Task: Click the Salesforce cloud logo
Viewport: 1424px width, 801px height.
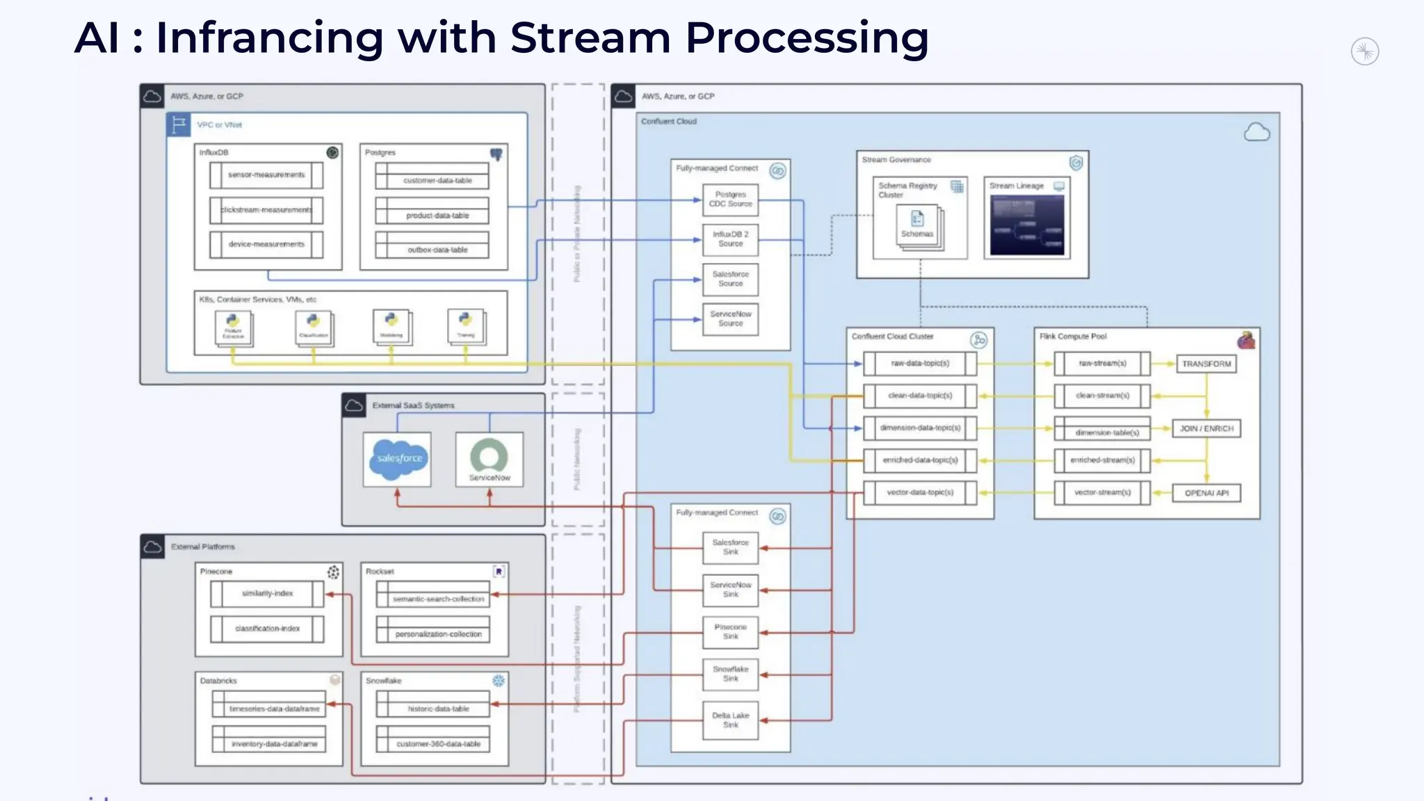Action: pos(398,459)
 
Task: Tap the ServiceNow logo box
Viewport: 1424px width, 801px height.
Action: pos(489,459)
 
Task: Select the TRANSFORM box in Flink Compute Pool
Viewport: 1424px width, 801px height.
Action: pos(1206,364)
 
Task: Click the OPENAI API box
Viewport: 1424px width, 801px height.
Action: pos(1206,493)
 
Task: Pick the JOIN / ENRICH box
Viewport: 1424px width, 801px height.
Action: pos(1206,428)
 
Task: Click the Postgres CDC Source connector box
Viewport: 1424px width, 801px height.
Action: pos(730,200)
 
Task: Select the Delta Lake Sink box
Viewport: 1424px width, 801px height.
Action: pos(730,720)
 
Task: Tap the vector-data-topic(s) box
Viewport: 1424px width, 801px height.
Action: pos(920,492)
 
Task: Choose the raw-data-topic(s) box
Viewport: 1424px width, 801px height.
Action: pos(920,363)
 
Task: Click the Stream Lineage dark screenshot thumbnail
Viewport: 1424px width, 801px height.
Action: pos(1027,225)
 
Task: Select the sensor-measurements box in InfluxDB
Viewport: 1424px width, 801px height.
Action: pos(266,175)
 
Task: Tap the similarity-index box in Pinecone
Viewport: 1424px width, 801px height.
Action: pos(267,594)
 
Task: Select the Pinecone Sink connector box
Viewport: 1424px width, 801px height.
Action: pos(730,631)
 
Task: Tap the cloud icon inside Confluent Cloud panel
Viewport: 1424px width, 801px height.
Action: pos(1256,132)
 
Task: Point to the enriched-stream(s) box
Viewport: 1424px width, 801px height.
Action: pos(1102,460)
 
